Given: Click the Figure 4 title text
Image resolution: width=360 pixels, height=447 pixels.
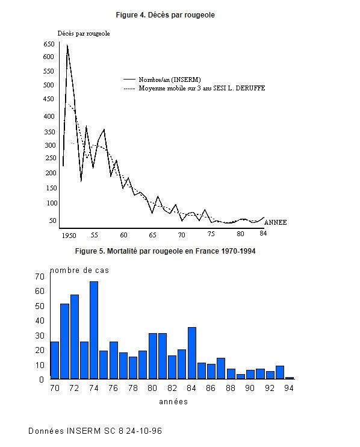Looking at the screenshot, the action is (165, 15).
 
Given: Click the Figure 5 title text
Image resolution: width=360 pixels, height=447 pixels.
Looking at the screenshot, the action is (165, 251).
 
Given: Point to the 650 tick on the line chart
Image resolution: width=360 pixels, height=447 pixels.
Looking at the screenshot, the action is (49, 44).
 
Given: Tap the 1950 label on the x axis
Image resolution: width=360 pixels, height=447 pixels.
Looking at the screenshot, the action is (69, 236).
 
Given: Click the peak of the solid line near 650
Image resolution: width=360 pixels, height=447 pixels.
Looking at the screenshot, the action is (67, 45).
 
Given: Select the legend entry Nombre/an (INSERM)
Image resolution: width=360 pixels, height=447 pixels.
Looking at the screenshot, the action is (163, 80).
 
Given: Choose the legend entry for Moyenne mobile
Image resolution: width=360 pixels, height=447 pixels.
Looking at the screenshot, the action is (194, 88).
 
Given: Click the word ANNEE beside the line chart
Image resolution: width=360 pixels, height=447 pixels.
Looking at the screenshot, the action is (275, 222).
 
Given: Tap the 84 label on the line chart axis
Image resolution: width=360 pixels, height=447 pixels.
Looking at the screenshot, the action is (263, 233).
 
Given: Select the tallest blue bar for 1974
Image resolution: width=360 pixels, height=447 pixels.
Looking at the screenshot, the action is (94, 330).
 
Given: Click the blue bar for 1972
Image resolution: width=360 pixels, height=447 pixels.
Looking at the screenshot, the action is (75, 337).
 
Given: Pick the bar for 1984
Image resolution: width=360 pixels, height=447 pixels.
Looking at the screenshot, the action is (192, 353).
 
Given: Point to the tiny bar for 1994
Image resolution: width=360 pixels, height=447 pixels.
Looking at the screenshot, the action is (290, 378).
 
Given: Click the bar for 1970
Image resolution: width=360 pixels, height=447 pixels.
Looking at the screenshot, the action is (54, 360).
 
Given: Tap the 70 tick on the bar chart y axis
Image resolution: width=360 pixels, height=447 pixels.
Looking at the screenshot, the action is (40, 277).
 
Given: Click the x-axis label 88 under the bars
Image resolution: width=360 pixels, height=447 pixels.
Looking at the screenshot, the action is (231, 388).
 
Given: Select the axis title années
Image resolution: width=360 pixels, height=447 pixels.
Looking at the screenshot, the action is (173, 402).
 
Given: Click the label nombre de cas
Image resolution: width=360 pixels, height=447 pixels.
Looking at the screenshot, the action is (79, 270).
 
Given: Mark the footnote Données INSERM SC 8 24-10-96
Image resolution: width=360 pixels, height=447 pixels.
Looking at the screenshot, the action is (95, 431).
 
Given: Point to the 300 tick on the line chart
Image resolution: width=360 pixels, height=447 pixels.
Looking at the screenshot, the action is (50, 145).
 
